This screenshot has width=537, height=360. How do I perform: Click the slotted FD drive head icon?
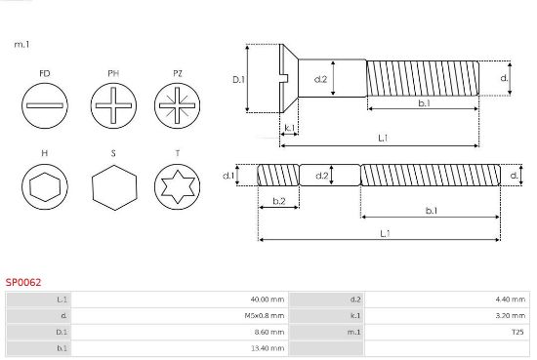(45, 105)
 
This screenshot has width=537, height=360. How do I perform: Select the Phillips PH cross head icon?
(113, 105)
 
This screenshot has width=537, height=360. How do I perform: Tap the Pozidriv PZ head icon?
(177, 105)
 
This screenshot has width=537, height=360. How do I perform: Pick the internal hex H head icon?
(45, 186)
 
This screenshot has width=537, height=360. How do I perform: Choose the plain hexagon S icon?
(114, 187)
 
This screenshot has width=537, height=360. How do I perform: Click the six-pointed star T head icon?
(177, 186)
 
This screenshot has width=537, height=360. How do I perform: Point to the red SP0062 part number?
(23, 282)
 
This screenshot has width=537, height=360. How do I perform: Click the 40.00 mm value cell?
(268, 300)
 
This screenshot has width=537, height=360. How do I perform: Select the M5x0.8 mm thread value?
(264, 315)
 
